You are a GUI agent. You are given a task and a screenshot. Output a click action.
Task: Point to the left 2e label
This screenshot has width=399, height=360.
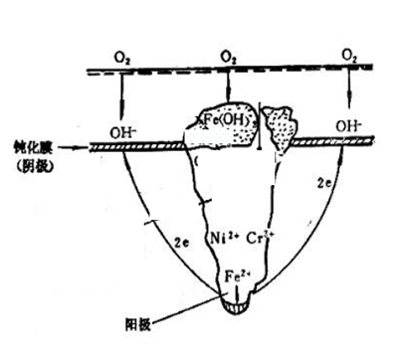coord(179,239)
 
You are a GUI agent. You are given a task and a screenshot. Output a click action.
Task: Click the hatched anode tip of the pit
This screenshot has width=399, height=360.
coord(239,310)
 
